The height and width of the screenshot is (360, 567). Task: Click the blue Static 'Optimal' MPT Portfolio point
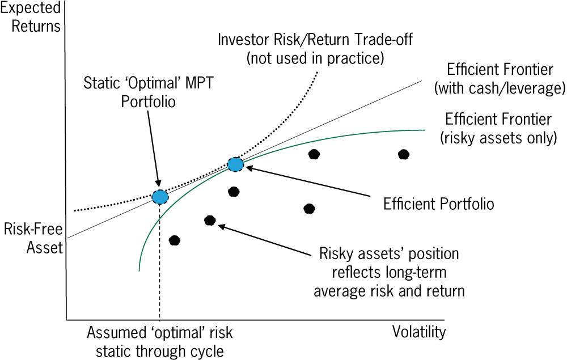pyautogui.click(x=160, y=197)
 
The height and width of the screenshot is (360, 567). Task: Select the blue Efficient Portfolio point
pyautogui.click(x=235, y=164)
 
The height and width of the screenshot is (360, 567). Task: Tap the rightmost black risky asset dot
pyautogui.click(x=404, y=155)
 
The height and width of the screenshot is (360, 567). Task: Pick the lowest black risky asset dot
pyautogui.click(x=174, y=240)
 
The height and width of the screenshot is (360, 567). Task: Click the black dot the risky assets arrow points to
pyautogui.click(x=210, y=221)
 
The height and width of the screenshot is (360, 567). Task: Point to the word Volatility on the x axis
pyautogui.click(x=419, y=332)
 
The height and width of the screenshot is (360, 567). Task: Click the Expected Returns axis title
pyautogui.click(x=31, y=17)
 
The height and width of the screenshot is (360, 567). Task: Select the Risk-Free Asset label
pyautogui.click(x=33, y=239)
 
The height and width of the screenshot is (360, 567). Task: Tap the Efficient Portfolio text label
pyautogui.click(x=439, y=204)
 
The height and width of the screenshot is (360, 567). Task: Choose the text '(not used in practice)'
pyautogui.click(x=315, y=58)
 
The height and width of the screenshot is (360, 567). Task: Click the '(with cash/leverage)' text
pyautogui.click(x=500, y=88)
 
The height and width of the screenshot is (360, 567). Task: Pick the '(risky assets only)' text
pyautogui.click(x=498, y=138)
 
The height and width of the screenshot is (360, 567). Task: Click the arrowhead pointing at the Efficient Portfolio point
pyautogui.click(x=249, y=168)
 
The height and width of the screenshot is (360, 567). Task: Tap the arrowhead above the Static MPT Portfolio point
pyautogui.click(x=157, y=183)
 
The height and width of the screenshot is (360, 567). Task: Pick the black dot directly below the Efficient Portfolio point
pyautogui.click(x=234, y=192)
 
